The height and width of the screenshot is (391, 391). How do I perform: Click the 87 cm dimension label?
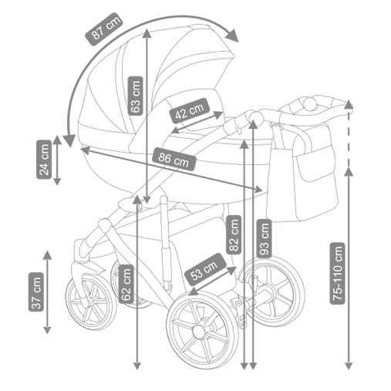coord(104,29)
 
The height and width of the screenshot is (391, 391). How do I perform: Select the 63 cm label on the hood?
coord(135,96)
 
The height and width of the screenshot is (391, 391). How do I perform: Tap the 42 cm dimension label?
coord(190,111)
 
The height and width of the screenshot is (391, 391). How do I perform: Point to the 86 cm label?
coord(174,159)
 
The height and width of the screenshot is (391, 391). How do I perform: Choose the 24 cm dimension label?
coord(44,160)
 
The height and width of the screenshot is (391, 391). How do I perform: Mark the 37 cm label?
coord(36,292)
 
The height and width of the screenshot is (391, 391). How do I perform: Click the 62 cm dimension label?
coord(126,284)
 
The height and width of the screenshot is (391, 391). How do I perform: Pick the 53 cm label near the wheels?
coord(205,270)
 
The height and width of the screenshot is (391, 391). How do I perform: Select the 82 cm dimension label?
coord(234,234)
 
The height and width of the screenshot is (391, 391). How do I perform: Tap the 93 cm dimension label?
coord(265,238)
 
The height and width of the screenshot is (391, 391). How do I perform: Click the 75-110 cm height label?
coord(337,273)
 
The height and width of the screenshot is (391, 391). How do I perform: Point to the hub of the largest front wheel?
coord(199,332)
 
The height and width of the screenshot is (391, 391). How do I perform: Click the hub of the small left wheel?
coord(90,302)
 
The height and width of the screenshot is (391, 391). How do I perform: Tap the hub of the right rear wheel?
coord(269,291)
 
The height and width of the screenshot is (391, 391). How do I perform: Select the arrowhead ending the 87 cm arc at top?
coord(232,35)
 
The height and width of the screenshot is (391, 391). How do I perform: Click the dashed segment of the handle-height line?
coord(349,138)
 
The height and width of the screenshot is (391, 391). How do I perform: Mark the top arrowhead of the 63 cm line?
coord(147,33)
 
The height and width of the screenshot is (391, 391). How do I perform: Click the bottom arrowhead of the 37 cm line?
coord(47,329)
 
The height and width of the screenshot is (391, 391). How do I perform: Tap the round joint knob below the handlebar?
coord(254,118)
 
